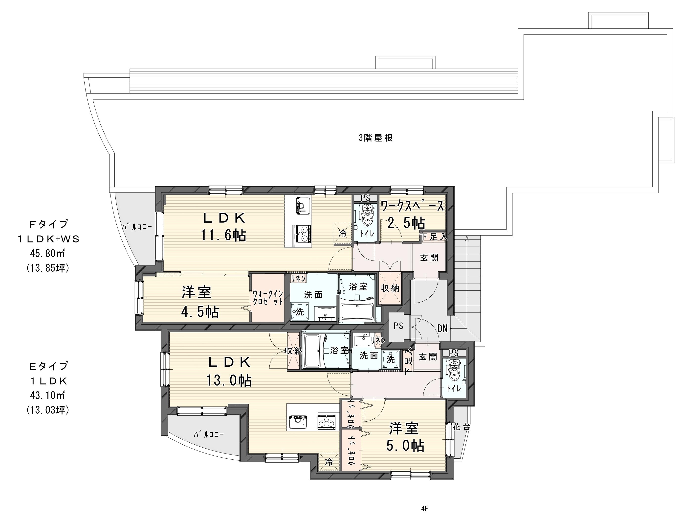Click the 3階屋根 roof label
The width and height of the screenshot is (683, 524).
click(x=375, y=138)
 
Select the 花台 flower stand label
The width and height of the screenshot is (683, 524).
click(x=461, y=427)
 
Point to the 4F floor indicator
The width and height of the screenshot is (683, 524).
click(x=425, y=509)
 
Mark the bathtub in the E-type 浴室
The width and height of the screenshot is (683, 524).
click(x=313, y=351)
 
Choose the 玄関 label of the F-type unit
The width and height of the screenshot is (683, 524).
click(x=429, y=258)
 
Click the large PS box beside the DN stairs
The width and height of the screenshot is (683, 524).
click(x=398, y=326)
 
